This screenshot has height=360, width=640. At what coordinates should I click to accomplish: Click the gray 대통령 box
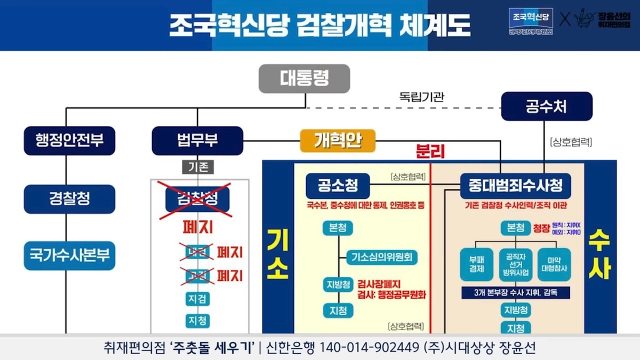tap(304, 79)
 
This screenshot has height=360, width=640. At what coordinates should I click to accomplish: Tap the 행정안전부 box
tap(69, 141)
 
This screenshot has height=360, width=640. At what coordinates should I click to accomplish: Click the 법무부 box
tap(197, 141)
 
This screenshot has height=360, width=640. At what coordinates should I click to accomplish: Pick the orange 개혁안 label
tap(337, 141)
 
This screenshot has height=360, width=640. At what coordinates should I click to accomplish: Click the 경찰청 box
tap(69, 198)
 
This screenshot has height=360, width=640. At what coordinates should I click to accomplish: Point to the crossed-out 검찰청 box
tap(197, 198)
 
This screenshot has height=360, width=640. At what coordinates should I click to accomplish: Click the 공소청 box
tap(338, 186)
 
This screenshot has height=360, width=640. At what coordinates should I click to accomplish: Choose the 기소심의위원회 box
tap(382, 257)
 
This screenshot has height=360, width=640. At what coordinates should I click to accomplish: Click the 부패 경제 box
tap(476, 264)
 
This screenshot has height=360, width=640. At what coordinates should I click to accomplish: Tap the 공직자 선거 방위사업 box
tap(515, 264)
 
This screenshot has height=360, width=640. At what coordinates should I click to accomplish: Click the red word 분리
tap(430, 151)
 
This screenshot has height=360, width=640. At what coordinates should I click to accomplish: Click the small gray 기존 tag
tap(198, 167)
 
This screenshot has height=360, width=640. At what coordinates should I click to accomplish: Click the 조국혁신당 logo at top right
tap(531, 20)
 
